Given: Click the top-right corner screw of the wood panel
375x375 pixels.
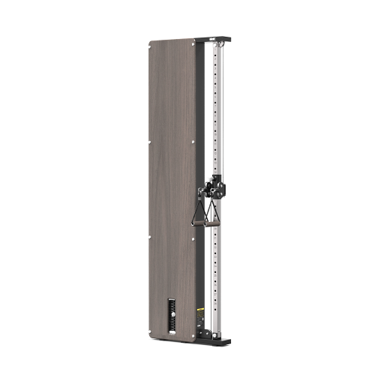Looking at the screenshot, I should point(193,46).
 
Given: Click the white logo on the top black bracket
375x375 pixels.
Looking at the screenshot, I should point(212,39).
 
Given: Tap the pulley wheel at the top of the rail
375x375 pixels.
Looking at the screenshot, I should point(219,46).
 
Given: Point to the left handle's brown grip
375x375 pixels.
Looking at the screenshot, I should point(202,221).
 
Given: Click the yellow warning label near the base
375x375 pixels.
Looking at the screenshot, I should point(199,308).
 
